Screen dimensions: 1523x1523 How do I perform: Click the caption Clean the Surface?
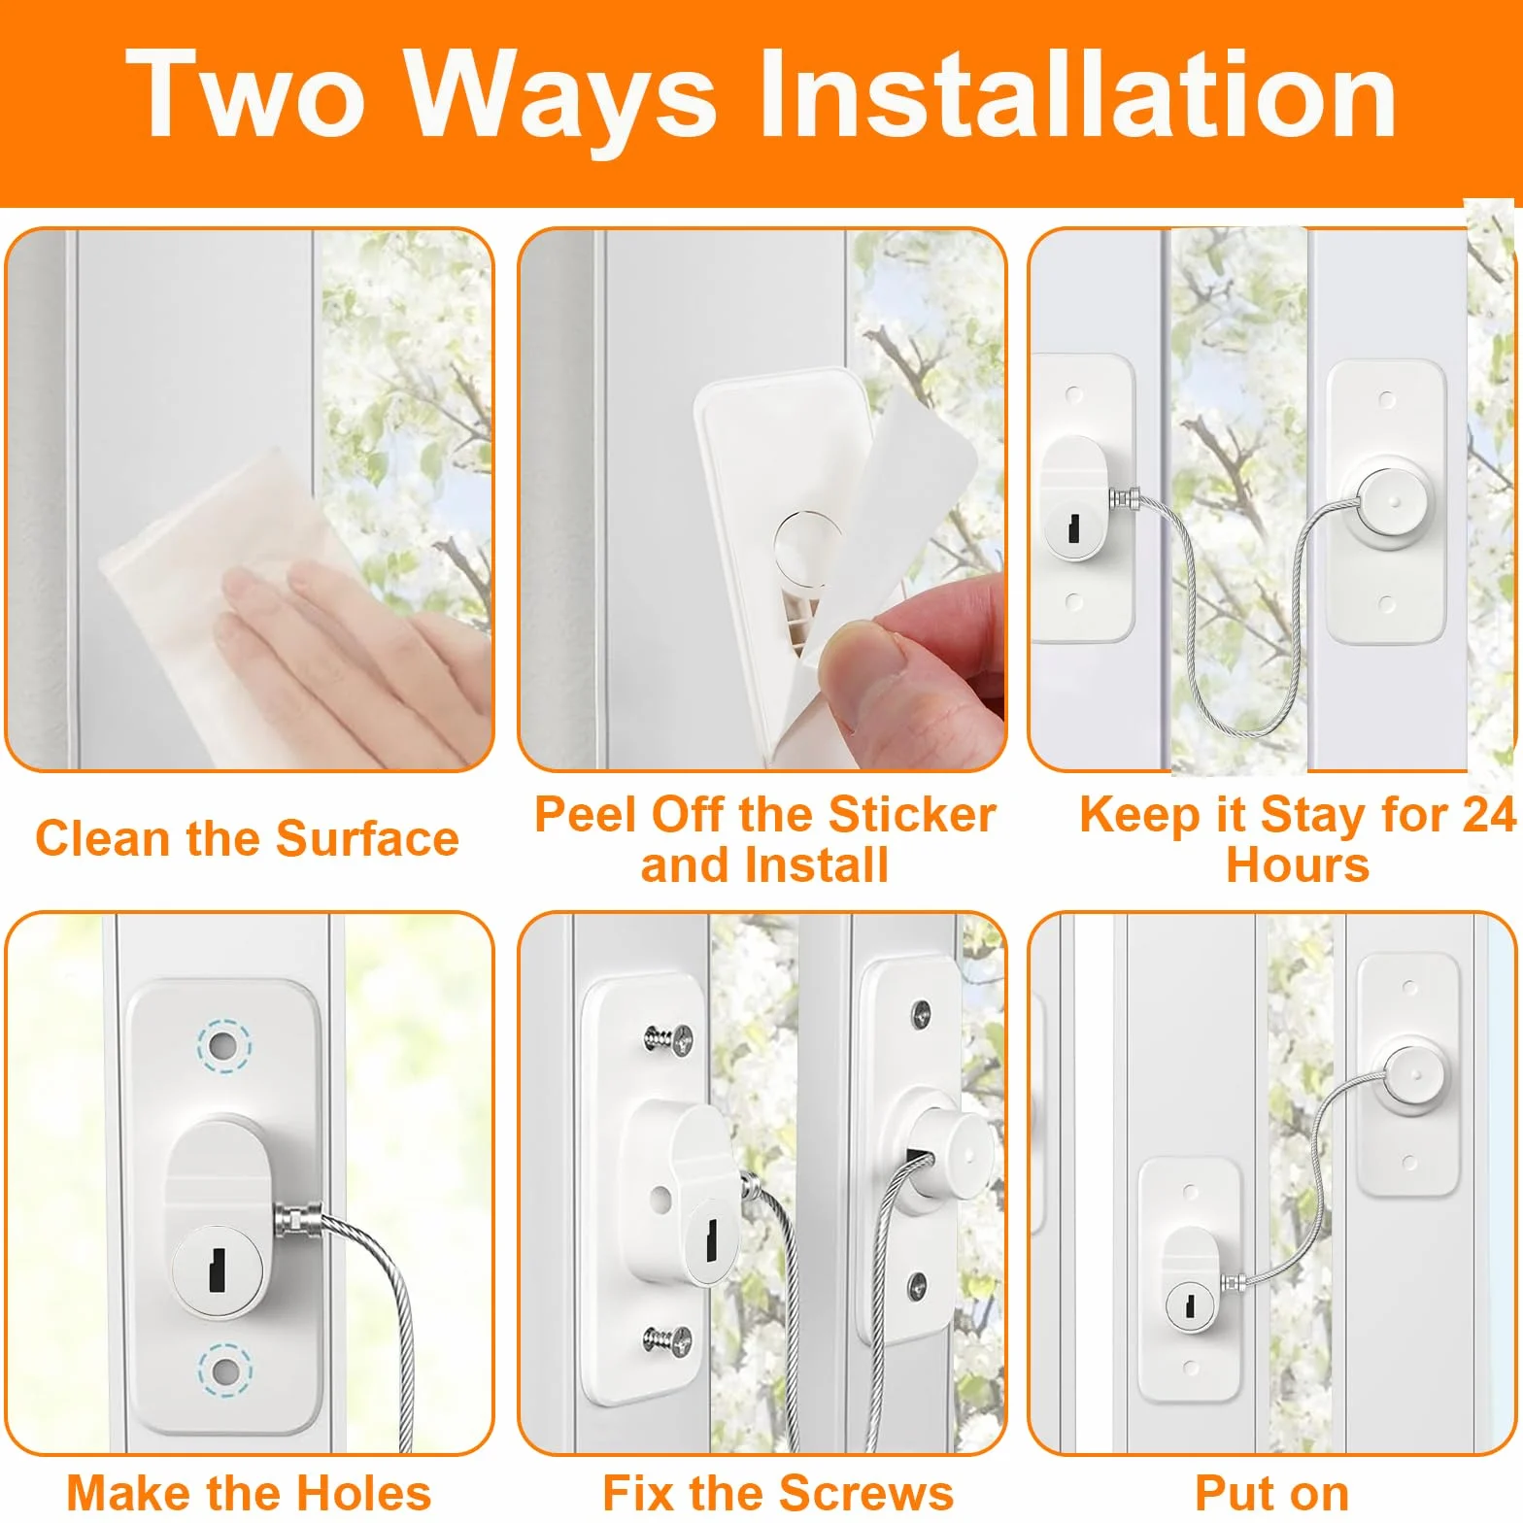tap(247, 838)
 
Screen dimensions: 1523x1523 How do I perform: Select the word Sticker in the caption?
tap(913, 814)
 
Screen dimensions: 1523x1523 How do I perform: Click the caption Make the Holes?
tap(249, 1493)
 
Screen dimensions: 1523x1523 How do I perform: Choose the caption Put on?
tap(1271, 1493)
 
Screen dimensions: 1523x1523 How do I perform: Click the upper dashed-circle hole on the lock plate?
tap(224, 1046)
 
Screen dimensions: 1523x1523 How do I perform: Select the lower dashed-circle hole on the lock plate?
tap(225, 1371)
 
